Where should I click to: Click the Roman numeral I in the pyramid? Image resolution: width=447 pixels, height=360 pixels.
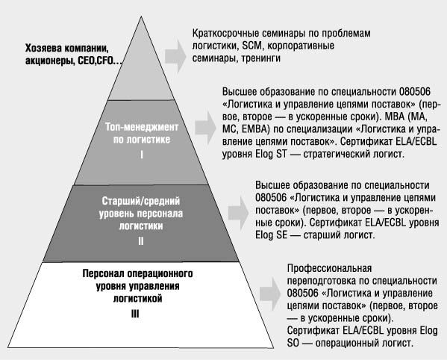(142, 155)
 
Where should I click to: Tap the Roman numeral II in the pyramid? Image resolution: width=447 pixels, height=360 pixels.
(141, 241)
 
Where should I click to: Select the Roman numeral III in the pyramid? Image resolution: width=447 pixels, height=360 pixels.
(135, 314)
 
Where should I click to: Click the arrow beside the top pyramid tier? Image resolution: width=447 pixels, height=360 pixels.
(175, 56)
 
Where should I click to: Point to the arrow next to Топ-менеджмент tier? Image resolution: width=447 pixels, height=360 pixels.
(205, 127)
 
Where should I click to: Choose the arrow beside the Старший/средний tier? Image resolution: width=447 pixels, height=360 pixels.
(238, 213)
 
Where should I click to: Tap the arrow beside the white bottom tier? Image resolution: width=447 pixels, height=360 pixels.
(270, 294)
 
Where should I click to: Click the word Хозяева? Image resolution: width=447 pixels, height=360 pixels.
(43, 49)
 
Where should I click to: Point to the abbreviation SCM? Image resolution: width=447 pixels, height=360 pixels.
(252, 46)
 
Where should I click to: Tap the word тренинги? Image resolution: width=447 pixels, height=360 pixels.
(261, 58)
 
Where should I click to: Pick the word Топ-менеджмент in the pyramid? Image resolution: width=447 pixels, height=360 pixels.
(142, 127)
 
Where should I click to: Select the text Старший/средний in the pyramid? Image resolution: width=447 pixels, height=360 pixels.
(141, 201)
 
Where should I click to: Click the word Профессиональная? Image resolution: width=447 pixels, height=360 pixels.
(329, 268)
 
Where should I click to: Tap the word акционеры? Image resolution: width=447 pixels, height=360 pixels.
(50, 61)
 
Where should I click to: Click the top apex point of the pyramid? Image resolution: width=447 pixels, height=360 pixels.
(141, 17)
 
